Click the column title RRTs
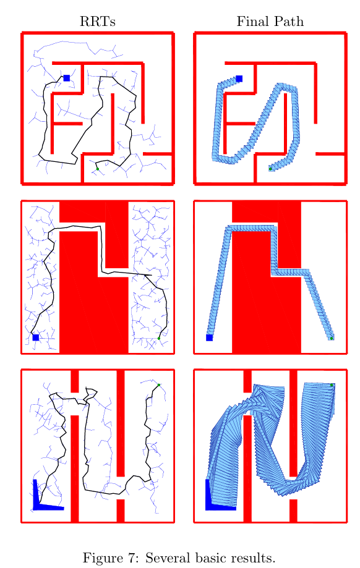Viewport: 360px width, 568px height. (98, 22)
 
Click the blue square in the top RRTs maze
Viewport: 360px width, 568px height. (67, 78)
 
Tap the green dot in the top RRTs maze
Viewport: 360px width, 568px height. (98, 169)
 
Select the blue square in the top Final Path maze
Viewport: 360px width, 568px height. (239, 78)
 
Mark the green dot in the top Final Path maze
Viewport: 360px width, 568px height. (270, 169)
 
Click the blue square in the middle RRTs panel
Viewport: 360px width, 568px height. (36, 337)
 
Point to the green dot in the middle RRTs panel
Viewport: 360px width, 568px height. (159, 338)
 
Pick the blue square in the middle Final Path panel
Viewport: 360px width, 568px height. (209, 337)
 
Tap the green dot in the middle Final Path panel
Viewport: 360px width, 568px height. (332, 338)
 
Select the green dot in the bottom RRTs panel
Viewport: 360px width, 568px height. (159, 384)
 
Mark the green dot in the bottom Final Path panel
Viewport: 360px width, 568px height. (332, 384)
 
